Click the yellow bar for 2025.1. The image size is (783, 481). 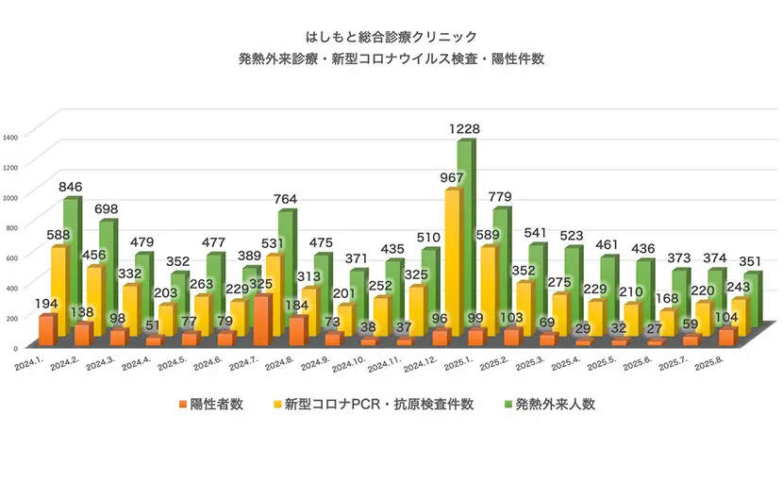(453, 264)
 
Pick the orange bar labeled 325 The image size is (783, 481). (262, 317)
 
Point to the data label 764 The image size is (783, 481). (286, 198)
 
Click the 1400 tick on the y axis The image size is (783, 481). (10, 137)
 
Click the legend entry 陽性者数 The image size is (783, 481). (210, 405)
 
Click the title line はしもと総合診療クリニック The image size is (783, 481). (391, 37)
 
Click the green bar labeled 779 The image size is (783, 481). (502, 274)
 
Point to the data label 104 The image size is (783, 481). (727, 316)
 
